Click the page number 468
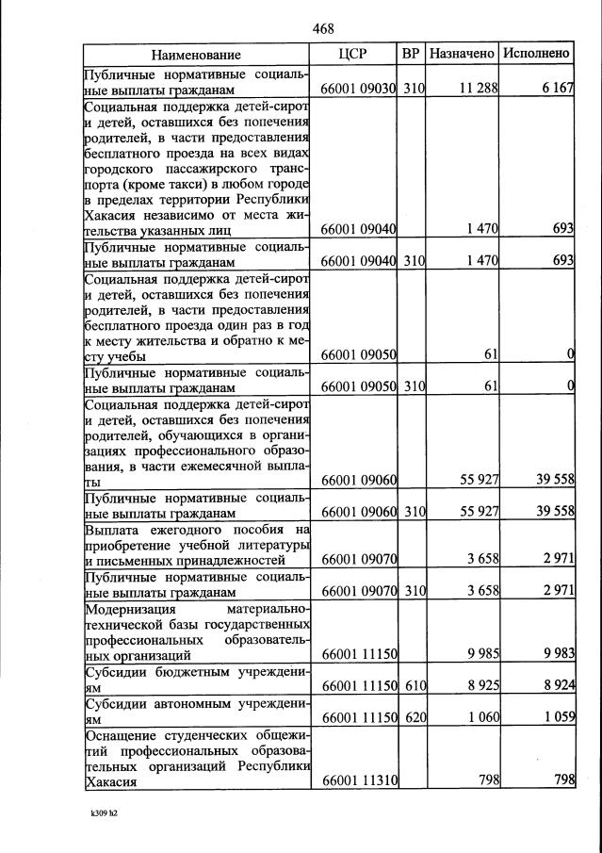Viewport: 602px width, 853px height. coord(323,29)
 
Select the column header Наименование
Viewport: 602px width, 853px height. coord(196,55)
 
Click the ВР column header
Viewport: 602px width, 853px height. coord(411,54)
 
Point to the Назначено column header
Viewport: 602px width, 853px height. coord(462,54)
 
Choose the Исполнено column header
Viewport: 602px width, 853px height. coord(536,54)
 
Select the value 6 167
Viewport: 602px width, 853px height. coord(555,89)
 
